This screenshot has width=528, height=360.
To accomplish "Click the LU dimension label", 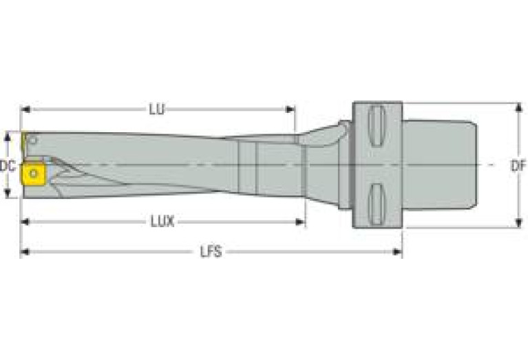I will (157, 109).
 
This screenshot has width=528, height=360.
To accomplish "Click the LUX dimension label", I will (162, 222).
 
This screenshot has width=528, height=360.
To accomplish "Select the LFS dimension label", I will (211, 252).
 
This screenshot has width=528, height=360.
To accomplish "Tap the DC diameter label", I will (8, 165).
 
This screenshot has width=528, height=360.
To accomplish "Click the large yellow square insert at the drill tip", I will (32, 173).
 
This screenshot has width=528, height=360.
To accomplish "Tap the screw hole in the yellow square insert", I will (32, 173).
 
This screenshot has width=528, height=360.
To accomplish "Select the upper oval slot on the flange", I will (376, 125).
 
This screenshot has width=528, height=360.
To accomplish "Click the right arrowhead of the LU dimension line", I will (291, 109).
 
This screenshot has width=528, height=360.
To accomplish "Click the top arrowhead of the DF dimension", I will (518, 107).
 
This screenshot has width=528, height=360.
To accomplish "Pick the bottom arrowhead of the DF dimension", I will (518, 224).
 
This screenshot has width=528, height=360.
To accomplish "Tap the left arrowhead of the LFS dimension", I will (24, 252).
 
